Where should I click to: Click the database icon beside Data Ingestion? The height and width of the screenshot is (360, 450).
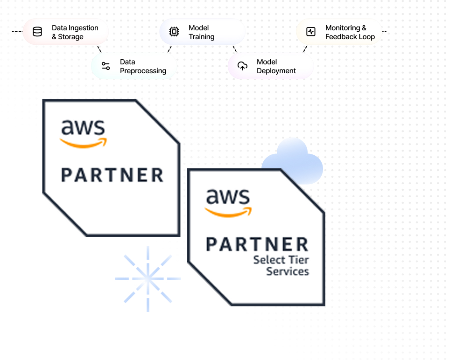37,32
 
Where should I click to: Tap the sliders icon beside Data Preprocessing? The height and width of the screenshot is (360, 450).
106,66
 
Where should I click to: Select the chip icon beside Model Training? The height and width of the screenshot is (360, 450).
174,32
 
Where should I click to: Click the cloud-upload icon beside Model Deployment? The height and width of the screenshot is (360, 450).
242,66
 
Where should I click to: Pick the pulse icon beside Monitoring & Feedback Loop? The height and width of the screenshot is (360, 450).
311,32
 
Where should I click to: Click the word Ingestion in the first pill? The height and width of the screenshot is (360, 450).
84,28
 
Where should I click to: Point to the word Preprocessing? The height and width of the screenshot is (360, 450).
143,71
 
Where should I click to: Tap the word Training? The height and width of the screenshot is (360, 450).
202,37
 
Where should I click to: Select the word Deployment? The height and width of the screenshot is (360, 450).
276,71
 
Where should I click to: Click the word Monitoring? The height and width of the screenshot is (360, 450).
343,28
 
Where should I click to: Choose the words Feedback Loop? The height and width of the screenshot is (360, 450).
350,37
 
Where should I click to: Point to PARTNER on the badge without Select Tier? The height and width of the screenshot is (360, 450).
112,175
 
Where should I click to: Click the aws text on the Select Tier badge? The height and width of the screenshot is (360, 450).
228,197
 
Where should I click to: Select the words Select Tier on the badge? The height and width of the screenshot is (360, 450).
281,260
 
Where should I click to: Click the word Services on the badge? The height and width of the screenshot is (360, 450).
288,271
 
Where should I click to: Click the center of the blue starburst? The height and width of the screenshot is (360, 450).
148,279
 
